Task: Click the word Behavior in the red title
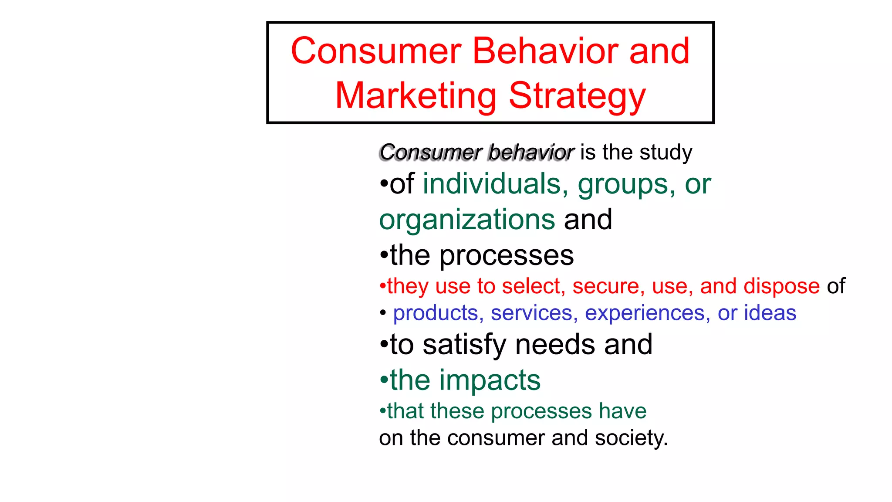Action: coord(544,51)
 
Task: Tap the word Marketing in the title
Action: coord(416,96)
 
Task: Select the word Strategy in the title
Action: coord(577,97)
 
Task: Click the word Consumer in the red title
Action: coord(376,51)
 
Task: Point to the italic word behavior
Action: coord(530,153)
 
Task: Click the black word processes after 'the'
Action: coord(507,256)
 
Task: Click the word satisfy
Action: coord(464,345)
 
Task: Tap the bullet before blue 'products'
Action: coord(383,313)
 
